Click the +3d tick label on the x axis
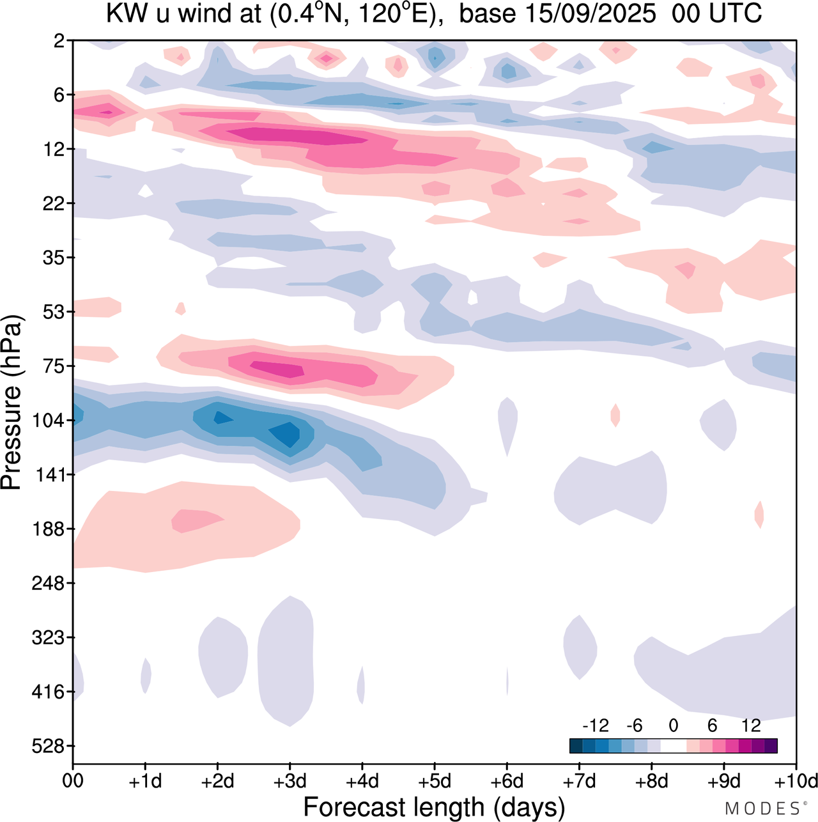[290, 781]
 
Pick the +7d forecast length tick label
[580, 781]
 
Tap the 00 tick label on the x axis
[73, 781]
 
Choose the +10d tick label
[796, 781]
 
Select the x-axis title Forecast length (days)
[434, 807]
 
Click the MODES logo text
[762, 809]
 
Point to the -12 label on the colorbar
[595, 725]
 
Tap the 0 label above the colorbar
[674, 725]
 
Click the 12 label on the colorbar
[752, 725]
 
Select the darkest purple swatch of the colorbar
[771, 746]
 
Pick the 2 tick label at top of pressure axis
[59, 41]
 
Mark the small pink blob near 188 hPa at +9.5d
[759, 515]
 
